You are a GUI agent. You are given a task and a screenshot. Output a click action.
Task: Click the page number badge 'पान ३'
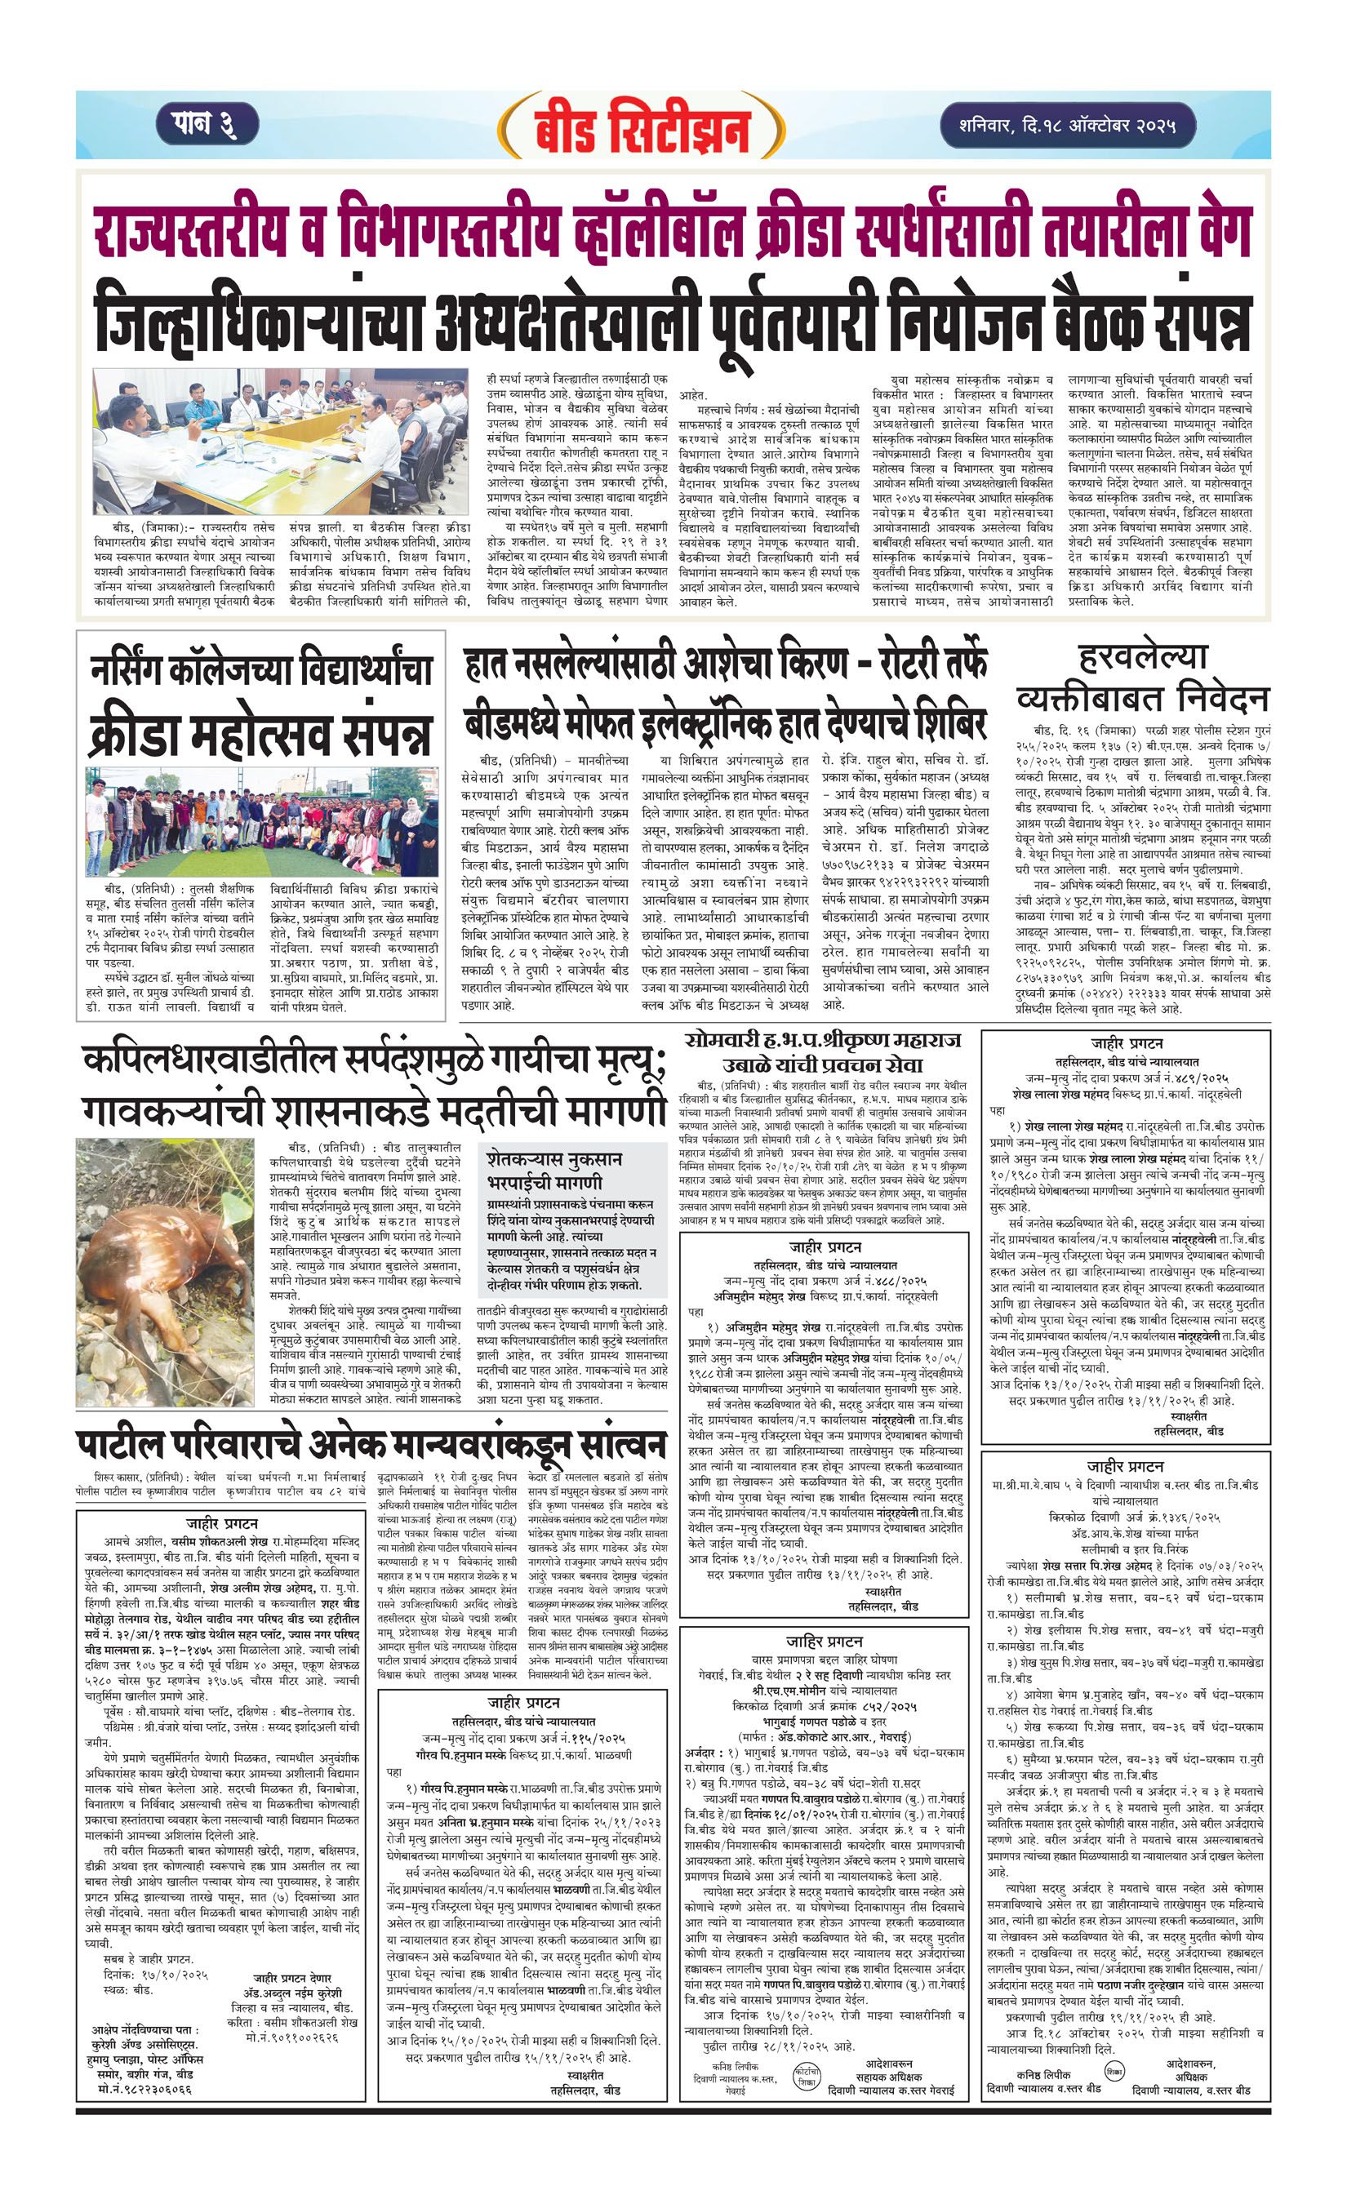pos(207,123)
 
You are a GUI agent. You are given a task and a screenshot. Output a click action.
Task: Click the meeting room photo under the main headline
pos(280,440)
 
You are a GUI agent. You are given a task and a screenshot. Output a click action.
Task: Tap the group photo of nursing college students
pos(262,821)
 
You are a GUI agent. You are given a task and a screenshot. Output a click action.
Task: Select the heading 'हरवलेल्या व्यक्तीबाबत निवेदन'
pos(1142,678)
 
